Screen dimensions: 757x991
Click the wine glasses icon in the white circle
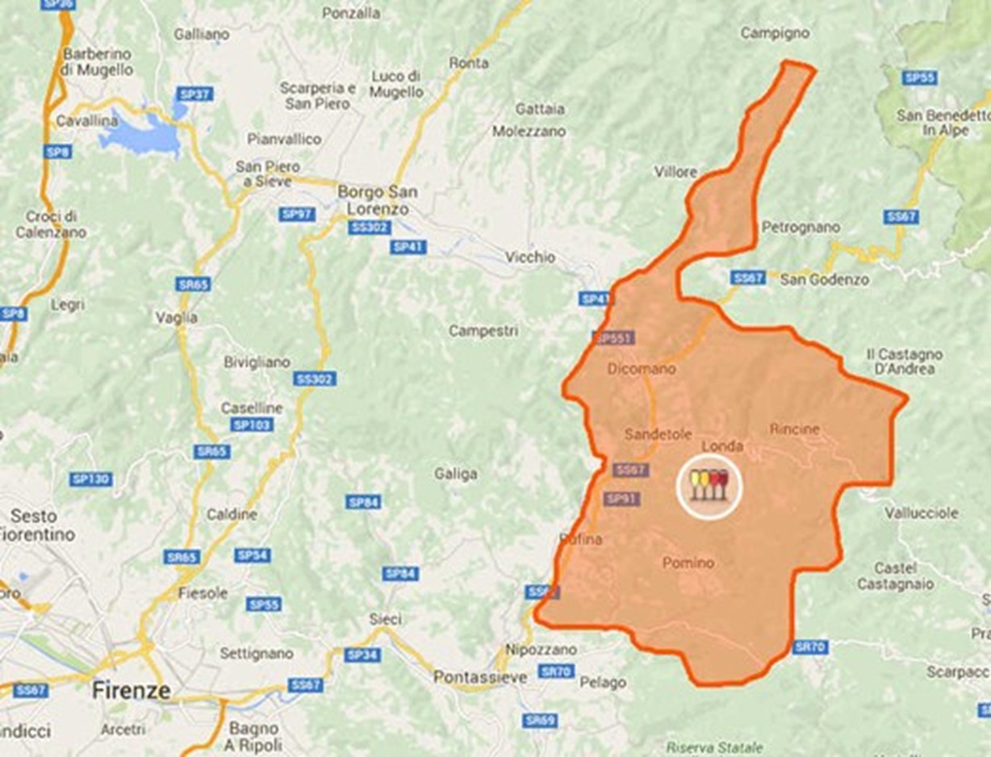coord(709,484)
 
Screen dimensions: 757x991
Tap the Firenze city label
coord(131,691)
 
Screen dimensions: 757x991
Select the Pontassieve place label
coord(474,677)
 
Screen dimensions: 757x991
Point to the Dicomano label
coord(642,369)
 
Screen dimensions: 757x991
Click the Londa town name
coord(722,445)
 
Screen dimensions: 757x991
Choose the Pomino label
coord(688,563)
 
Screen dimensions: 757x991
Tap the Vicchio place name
coord(530,257)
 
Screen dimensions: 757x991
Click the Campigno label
coord(775,33)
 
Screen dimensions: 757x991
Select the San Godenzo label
coord(825,279)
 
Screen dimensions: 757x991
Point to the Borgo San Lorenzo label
coord(378,200)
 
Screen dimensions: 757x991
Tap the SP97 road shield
coord(297,214)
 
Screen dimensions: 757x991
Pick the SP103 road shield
coord(251,425)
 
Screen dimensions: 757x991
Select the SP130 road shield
coord(90,479)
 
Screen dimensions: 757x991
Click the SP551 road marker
coord(613,339)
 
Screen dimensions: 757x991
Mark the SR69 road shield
coord(540,720)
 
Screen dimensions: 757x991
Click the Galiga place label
coord(456,475)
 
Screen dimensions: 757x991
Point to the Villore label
coord(676,172)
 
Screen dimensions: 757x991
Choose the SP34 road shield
coord(362,655)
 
